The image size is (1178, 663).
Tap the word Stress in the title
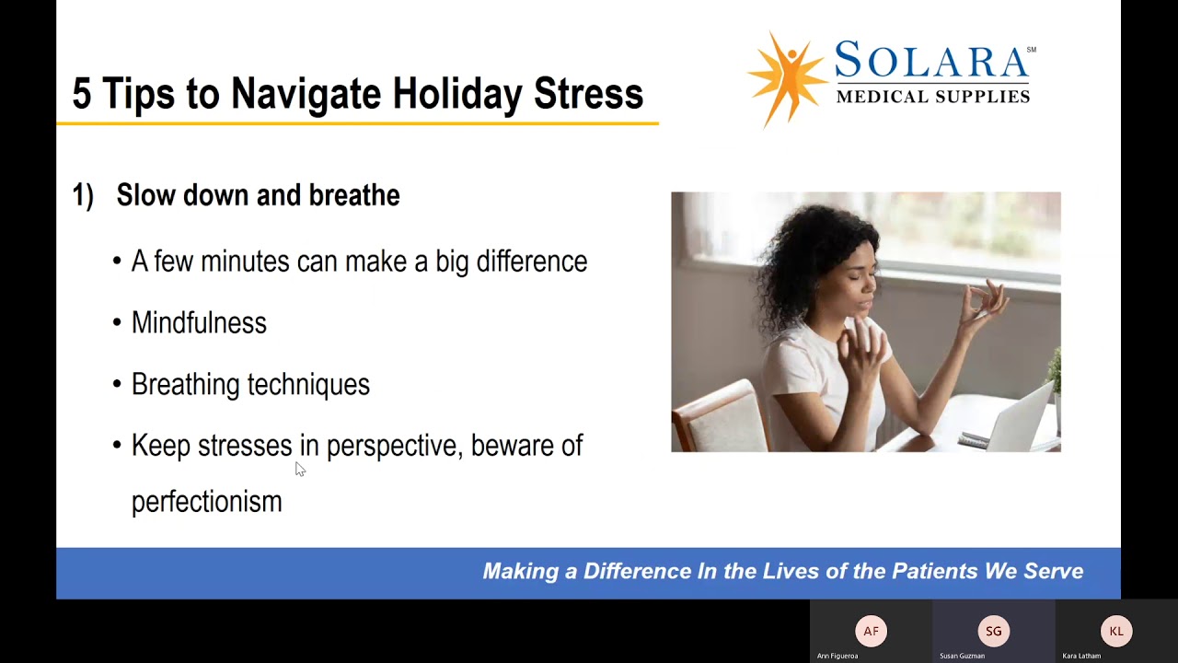point(588,94)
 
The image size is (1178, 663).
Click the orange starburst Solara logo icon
point(787,77)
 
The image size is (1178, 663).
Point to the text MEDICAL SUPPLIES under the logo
point(932,97)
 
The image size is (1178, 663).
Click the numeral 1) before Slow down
point(83,195)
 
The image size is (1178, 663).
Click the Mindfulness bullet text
point(199,322)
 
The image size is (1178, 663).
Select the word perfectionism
point(206,501)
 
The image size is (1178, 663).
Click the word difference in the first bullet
point(531,262)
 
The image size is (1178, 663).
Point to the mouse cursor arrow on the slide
point(299,469)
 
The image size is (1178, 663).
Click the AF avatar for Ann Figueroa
point(871,632)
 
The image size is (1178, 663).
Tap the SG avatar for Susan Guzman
point(993,632)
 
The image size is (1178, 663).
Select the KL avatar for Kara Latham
point(1116,632)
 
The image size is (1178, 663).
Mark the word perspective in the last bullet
point(392,446)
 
